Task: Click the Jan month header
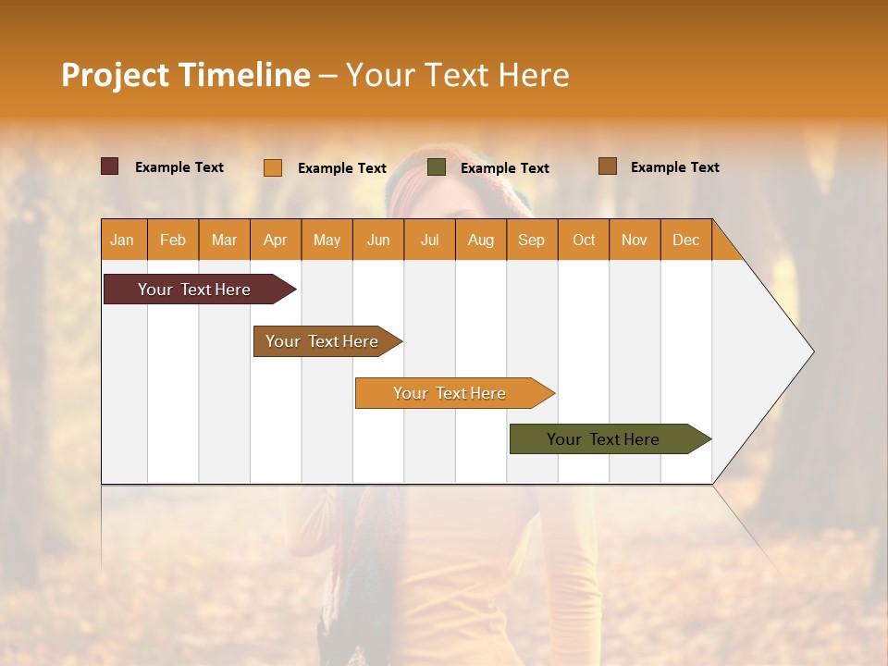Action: pos(122,240)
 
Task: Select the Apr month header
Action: pos(275,240)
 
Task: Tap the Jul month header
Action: pos(429,240)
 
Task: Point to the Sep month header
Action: pos(531,240)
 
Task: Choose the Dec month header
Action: pos(685,240)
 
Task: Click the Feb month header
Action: pos(173,240)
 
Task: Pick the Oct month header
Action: pos(584,240)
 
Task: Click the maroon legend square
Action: pos(110,166)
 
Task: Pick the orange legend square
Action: pos(273,167)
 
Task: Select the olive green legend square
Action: pos(437,167)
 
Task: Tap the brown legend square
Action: pos(608,166)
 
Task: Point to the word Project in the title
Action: pos(115,75)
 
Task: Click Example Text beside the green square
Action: pos(504,168)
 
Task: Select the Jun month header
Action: pos(378,240)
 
